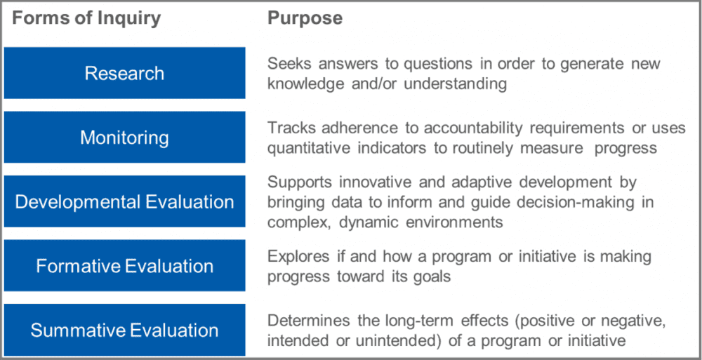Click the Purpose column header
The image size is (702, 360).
click(x=305, y=19)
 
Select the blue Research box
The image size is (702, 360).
click(x=124, y=73)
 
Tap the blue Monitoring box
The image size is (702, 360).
click(x=124, y=137)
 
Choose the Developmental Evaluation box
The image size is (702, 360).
click(x=124, y=201)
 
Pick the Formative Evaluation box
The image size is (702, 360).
click(x=124, y=266)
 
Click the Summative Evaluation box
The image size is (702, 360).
click(x=124, y=330)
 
